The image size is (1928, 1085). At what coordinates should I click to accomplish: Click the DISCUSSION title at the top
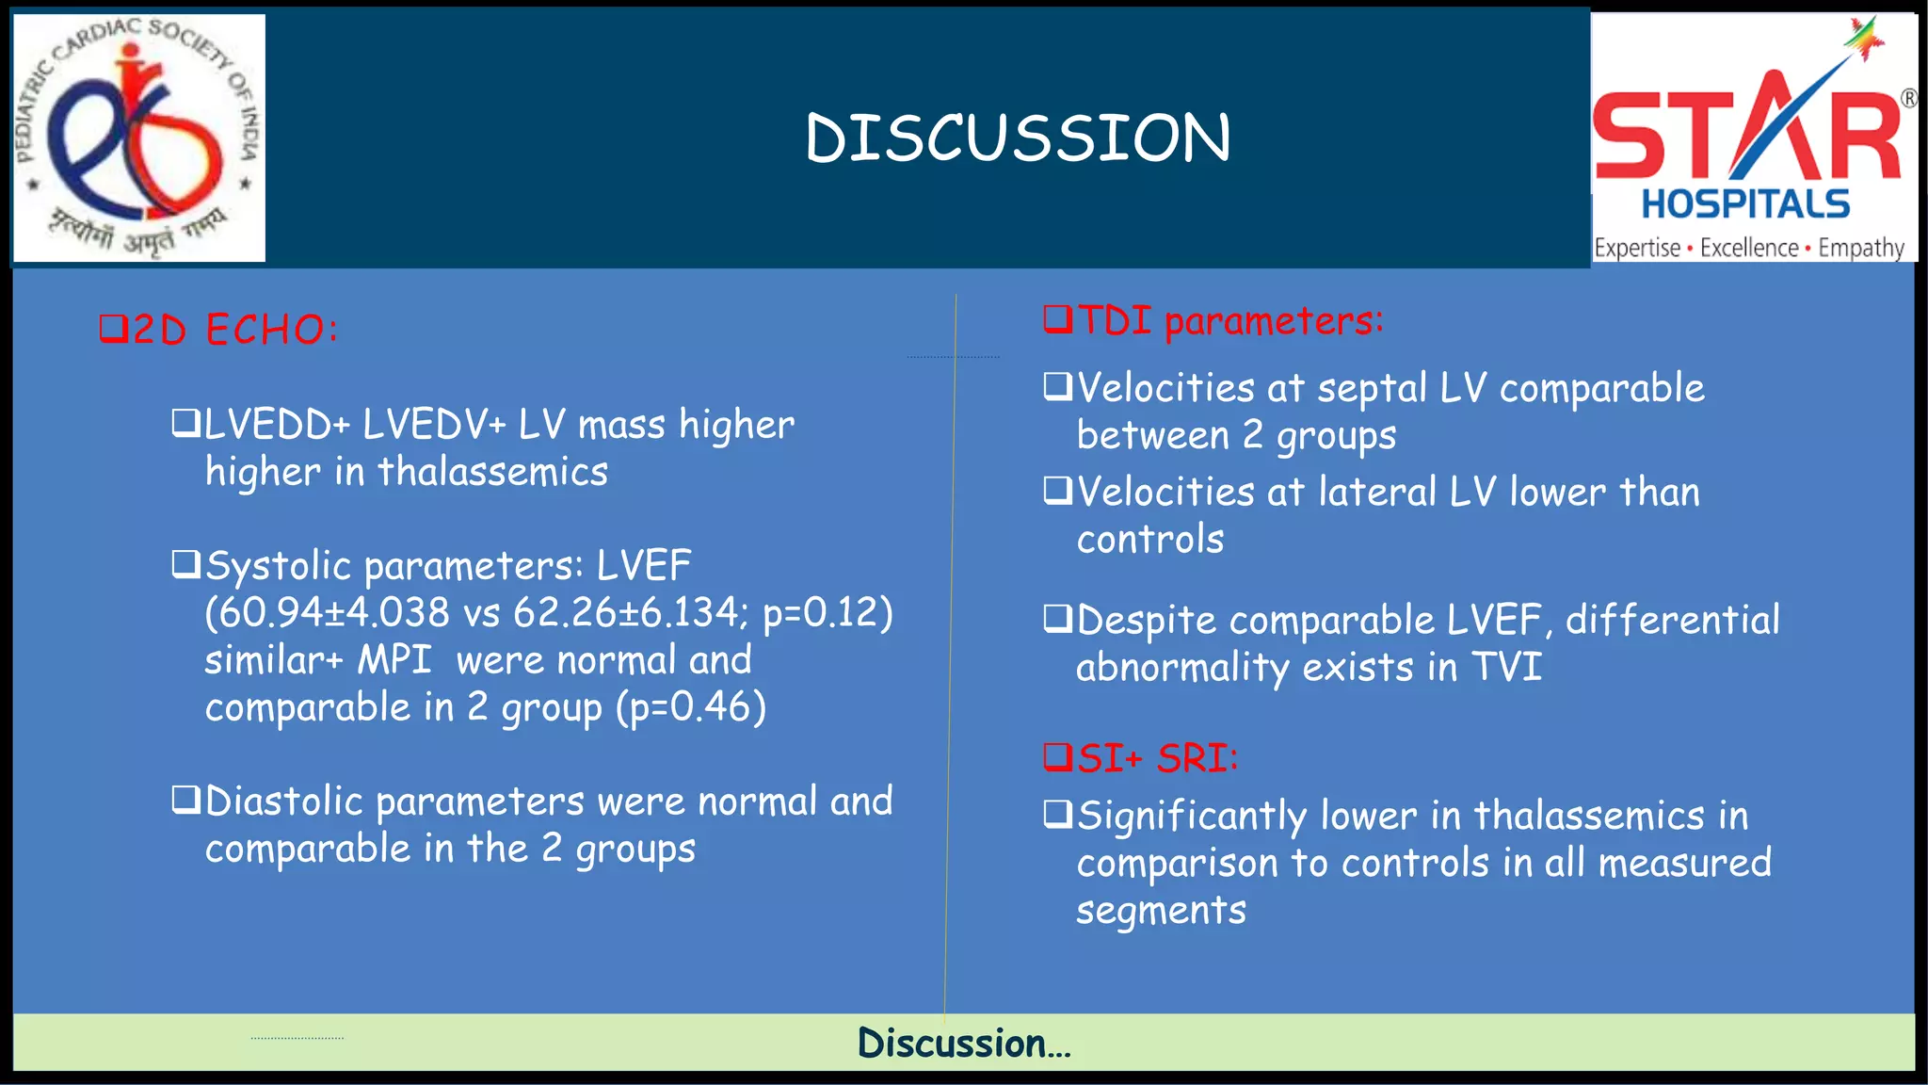pyautogui.click(x=1018, y=138)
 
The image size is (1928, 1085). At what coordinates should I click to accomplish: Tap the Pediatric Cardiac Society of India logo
pyautogui.click(x=138, y=138)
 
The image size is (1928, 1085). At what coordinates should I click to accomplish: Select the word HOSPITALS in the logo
pyautogui.click(x=1745, y=204)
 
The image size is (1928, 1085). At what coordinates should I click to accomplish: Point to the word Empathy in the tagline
pyautogui.click(x=1860, y=249)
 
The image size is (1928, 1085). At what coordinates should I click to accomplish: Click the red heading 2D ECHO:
pyautogui.click(x=219, y=330)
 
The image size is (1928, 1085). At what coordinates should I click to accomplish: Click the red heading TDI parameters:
pyautogui.click(x=1214, y=321)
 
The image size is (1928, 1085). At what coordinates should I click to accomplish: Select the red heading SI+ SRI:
pyautogui.click(x=1142, y=758)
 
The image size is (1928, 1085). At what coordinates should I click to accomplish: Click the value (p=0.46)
pyautogui.click(x=692, y=707)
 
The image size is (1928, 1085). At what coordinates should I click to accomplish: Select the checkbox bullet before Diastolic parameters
pyautogui.click(x=185, y=801)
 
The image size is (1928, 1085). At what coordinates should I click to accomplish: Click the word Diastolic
pyautogui.click(x=283, y=802)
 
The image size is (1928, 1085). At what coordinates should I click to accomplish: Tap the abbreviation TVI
pyautogui.click(x=1506, y=667)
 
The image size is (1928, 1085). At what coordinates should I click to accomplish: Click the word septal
pyautogui.click(x=1372, y=389)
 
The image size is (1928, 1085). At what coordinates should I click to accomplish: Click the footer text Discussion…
pyautogui.click(x=964, y=1043)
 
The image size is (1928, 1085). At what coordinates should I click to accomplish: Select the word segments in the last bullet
pyautogui.click(x=1161, y=911)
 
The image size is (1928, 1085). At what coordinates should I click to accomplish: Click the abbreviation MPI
pyautogui.click(x=394, y=660)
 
